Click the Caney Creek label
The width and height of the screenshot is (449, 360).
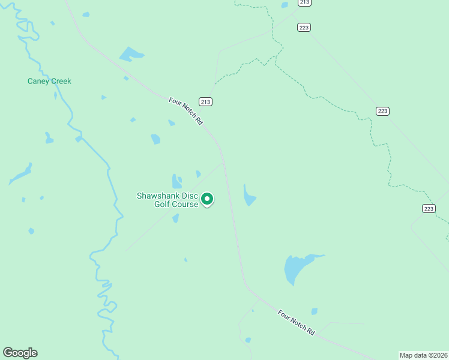[x=49, y=81]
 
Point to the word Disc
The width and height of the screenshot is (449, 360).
[x=190, y=196]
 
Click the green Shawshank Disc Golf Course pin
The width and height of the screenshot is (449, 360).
[x=207, y=199]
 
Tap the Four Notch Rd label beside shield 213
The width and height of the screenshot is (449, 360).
[x=185, y=111]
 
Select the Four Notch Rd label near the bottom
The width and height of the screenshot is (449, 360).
[x=296, y=322]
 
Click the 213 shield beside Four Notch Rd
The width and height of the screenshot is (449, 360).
[x=206, y=101]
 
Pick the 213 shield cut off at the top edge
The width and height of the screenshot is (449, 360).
[x=304, y=2]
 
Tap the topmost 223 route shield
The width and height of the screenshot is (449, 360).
[x=304, y=27]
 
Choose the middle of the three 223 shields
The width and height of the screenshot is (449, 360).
[x=383, y=111]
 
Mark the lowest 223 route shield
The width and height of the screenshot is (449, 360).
[x=428, y=208]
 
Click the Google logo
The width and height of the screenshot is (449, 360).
[x=20, y=353]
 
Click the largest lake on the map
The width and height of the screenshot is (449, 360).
[x=297, y=268]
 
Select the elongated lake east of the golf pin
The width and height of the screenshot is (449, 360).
[x=249, y=196]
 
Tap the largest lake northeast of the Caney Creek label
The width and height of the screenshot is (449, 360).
[x=131, y=55]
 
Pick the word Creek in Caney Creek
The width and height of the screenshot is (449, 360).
[x=60, y=81]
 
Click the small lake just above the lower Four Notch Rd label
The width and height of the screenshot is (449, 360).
[x=314, y=311]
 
